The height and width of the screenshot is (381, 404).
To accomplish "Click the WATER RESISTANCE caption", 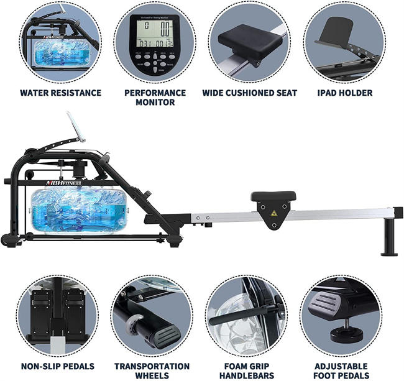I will (x=60, y=93).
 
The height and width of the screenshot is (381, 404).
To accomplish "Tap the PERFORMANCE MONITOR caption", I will (x=155, y=97).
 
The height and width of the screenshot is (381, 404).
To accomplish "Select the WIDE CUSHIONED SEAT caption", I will (x=249, y=93).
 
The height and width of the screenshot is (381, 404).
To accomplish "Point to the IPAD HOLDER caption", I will (x=344, y=93).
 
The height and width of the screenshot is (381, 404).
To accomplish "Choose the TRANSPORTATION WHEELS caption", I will (x=152, y=370).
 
